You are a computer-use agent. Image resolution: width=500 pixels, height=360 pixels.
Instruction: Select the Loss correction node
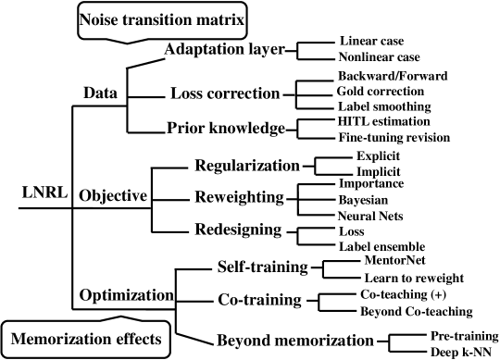[225, 93]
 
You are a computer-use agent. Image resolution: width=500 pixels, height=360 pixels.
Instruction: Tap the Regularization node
[247, 166]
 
